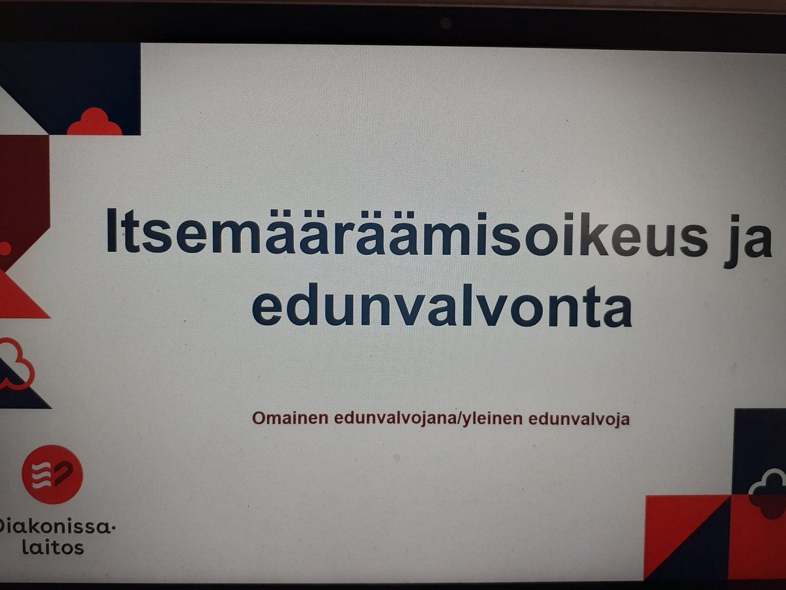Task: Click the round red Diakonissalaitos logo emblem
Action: (x=52, y=474)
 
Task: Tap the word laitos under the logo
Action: (x=53, y=546)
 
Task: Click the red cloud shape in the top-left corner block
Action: (x=95, y=123)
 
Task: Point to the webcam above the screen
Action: (x=446, y=23)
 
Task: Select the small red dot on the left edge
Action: (x=5, y=248)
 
